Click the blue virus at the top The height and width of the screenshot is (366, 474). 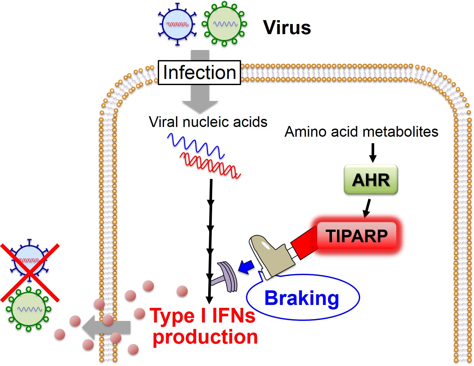177,24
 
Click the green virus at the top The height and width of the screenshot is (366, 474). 224,24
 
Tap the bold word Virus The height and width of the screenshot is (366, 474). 287,28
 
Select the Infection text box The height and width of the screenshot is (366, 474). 199,72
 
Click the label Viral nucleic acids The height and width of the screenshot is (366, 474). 208,122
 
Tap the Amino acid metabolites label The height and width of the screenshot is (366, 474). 361,132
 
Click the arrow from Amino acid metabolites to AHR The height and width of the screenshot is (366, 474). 373,153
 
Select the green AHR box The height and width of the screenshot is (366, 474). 371,180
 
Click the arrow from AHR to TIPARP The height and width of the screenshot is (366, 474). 367,208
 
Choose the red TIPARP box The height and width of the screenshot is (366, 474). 357,236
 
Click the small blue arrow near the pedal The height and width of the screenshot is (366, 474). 246,267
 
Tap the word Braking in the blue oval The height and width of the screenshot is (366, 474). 302,298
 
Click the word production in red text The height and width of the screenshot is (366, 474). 205,337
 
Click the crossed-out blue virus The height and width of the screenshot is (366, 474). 29,260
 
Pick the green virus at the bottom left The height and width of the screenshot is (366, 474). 29,309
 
